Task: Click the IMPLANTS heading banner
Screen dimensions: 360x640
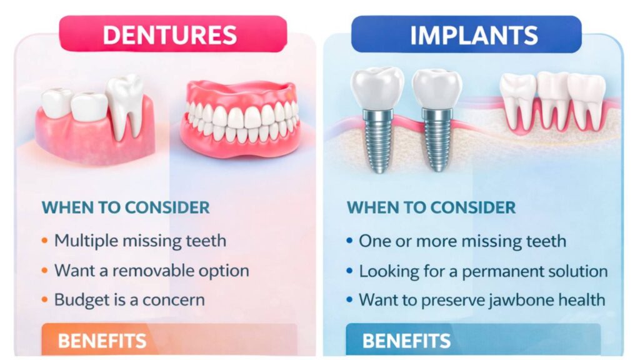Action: click(474, 35)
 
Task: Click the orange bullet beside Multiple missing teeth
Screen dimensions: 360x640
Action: click(44, 241)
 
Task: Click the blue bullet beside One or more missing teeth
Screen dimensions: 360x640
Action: click(349, 241)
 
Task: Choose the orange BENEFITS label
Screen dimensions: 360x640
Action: click(102, 341)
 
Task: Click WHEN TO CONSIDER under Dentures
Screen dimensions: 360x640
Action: click(125, 207)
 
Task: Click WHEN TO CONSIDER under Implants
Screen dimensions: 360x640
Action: click(431, 207)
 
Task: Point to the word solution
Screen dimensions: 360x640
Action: click(575, 271)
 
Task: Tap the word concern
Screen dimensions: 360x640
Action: click(174, 300)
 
